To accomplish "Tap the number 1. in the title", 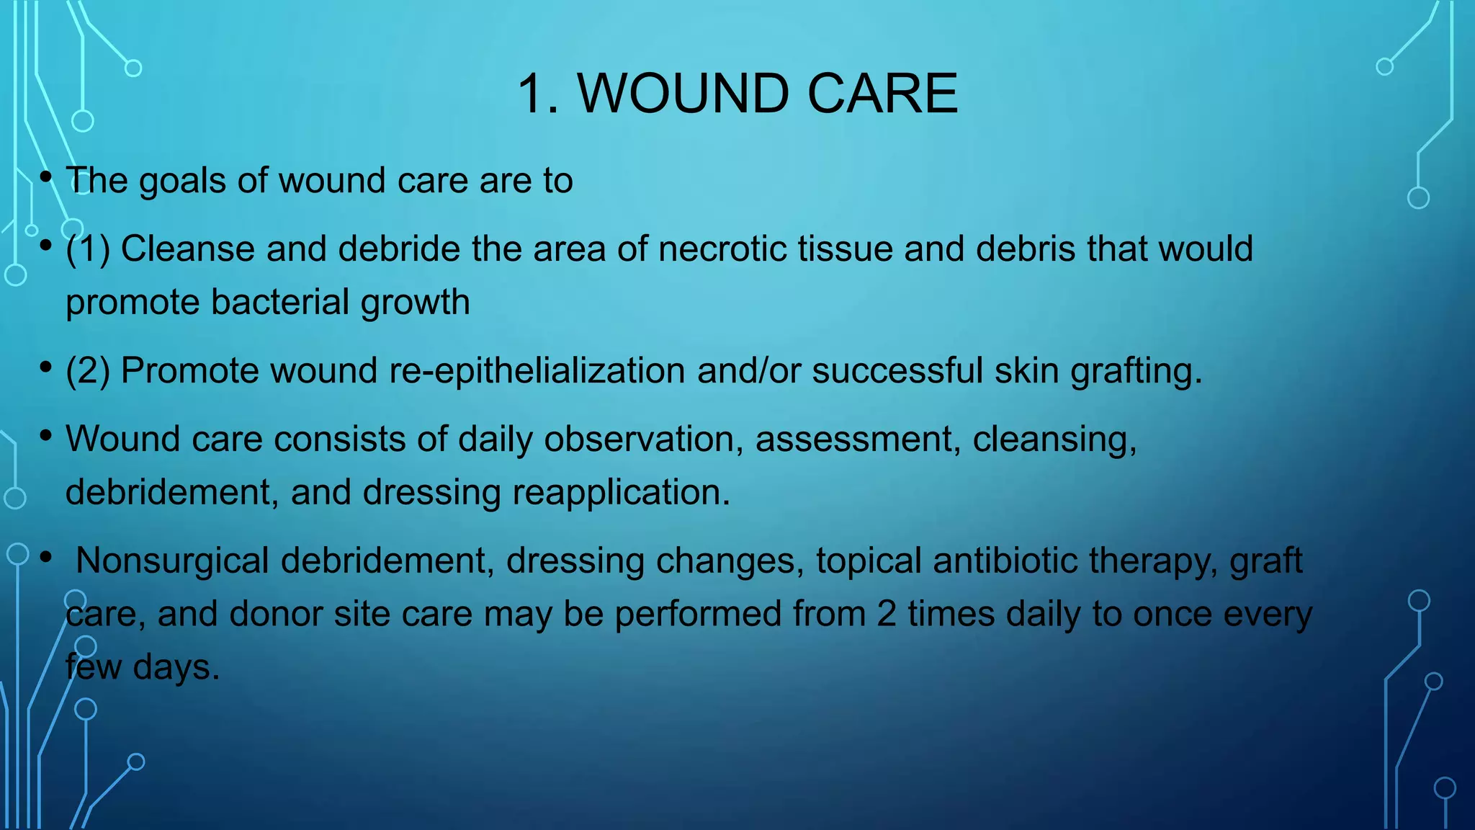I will coord(538,94).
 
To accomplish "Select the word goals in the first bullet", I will coord(182,181).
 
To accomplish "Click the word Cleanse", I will coord(187,249).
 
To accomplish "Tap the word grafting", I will coord(1136,371).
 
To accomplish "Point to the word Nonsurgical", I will coord(171,561).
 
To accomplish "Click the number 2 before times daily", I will coord(887,615).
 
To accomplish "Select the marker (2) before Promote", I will coord(88,371).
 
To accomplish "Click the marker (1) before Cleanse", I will coord(88,249).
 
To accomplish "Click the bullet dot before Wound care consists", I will coord(46,435).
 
